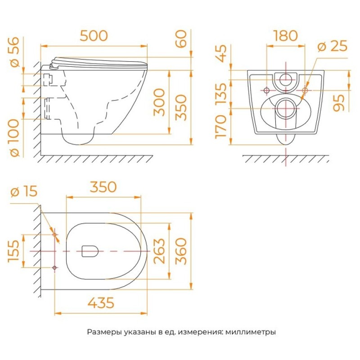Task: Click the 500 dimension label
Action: point(94,36)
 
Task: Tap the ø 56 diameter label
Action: point(15,52)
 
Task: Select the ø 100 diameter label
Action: point(15,138)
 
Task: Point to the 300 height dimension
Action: point(159,103)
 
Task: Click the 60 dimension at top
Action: point(181,39)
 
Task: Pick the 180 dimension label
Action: point(286,36)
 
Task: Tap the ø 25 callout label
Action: point(332,46)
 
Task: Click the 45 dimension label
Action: point(221,54)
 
